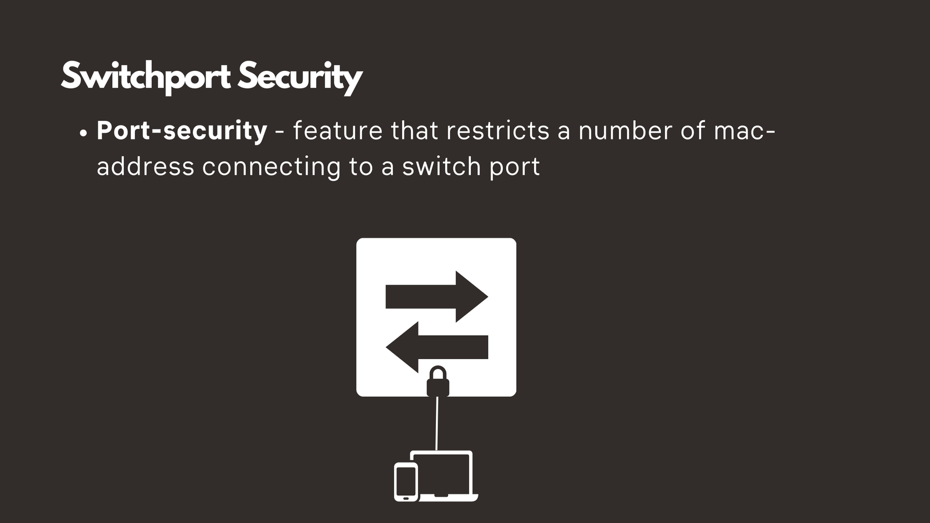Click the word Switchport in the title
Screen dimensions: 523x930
coord(145,77)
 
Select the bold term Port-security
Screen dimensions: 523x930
coord(182,131)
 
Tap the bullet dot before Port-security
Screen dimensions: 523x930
coord(83,133)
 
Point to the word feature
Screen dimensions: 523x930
coord(338,131)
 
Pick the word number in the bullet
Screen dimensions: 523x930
coord(625,131)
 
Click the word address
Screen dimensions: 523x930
coord(145,167)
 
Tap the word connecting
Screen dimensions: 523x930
coord(271,167)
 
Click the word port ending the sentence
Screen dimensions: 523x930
coord(514,167)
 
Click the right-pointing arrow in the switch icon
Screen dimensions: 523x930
coord(437,296)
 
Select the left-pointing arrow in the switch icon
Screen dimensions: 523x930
coord(437,347)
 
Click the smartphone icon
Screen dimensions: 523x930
coord(406,482)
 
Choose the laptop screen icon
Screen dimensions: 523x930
coord(442,473)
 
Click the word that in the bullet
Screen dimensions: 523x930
coord(414,131)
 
